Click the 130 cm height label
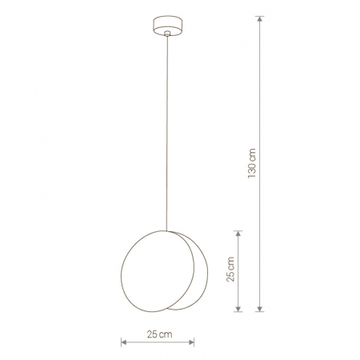[x=252, y=163]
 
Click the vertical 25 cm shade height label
[x=230, y=269]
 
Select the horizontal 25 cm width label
[x=159, y=334]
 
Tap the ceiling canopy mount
[x=167, y=26]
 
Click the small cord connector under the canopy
[x=167, y=34]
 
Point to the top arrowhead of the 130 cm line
[x=260, y=19]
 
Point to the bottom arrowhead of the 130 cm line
[x=260, y=308]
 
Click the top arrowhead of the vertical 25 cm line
[x=238, y=234]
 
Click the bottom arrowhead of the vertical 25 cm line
[x=238, y=308]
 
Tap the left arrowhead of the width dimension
[x=124, y=342]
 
